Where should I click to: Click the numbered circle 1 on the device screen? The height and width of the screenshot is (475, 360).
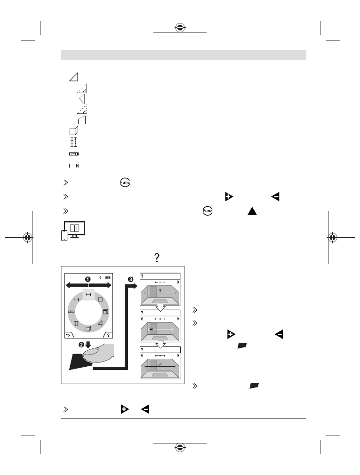click(x=88, y=279)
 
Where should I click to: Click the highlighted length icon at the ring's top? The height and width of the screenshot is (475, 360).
click(x=88, y=294)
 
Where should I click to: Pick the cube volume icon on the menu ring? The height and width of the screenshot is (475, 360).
click(x=106, y=312)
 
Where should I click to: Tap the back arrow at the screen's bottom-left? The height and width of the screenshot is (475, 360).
click(x=68, y=335)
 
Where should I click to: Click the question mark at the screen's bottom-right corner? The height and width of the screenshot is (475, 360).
click(x=108, y=335)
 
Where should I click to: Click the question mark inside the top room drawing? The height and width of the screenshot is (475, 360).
click(x=160, y=291)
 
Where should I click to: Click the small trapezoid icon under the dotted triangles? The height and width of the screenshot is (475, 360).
click(x=82, y=120)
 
